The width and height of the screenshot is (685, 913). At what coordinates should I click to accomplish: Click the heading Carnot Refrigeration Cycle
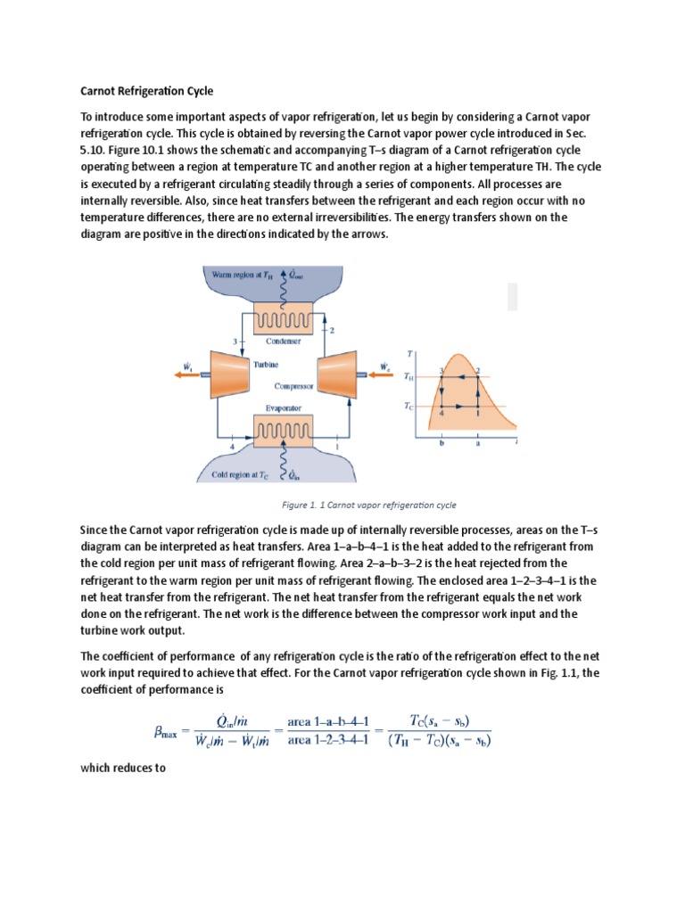point(146,91)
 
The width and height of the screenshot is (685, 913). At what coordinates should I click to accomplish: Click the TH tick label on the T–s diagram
point(409,377)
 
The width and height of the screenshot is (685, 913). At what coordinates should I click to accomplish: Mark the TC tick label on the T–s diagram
point(409,406)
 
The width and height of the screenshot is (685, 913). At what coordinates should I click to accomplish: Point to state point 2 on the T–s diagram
point(478,370)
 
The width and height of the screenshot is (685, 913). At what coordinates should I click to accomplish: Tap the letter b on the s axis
point(442,442)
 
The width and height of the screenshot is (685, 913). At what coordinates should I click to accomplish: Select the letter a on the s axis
point(478,442)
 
